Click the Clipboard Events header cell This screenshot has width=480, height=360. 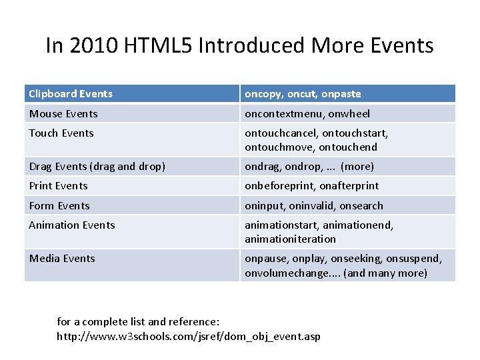click(x=71, y=94)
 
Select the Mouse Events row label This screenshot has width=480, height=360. click(x=63, y=114)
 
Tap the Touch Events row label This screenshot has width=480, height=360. click(x=62, y=133)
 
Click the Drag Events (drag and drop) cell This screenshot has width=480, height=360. click(x=89, y=166)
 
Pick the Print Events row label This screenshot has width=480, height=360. click(x=59, y=186)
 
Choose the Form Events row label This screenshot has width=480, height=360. click(x=59, y=206)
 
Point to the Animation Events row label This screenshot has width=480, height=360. click(x=72, y=225)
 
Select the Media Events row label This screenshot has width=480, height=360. click(x=62, y=258)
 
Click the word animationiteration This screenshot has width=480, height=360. click(x=290, y=239)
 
